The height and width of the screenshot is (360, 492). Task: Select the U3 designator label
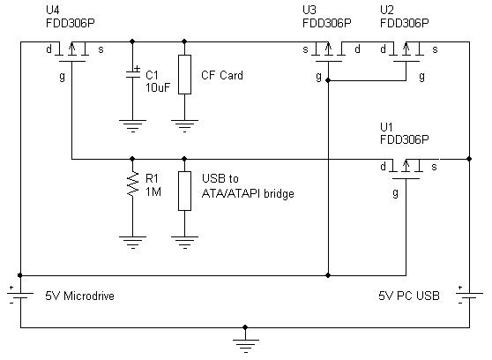tap(309, 11)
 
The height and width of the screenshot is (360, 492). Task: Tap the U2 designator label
tap(386, 11)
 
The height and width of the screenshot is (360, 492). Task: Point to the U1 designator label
tap(386, 127)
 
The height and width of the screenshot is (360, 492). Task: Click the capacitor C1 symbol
tap(132, 75)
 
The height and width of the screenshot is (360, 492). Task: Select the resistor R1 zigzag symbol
tap(132, 186)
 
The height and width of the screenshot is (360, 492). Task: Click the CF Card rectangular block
tap(184, 75)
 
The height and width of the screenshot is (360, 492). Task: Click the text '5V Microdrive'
tap(79, 296)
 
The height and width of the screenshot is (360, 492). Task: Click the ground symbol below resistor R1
tap(132, 237)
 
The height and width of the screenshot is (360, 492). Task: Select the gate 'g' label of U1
tap(394, 193)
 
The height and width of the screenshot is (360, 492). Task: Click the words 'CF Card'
tap(222, 76)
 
